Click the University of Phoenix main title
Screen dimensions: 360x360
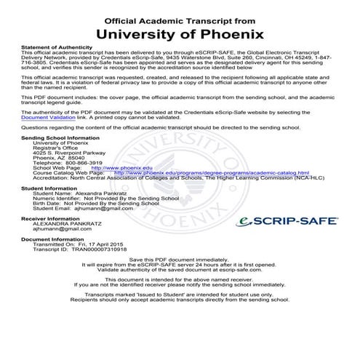click(x=180, y=33)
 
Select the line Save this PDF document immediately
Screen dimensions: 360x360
click(x=180, y=260)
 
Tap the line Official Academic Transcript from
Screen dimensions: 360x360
click(x=180, y=16)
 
